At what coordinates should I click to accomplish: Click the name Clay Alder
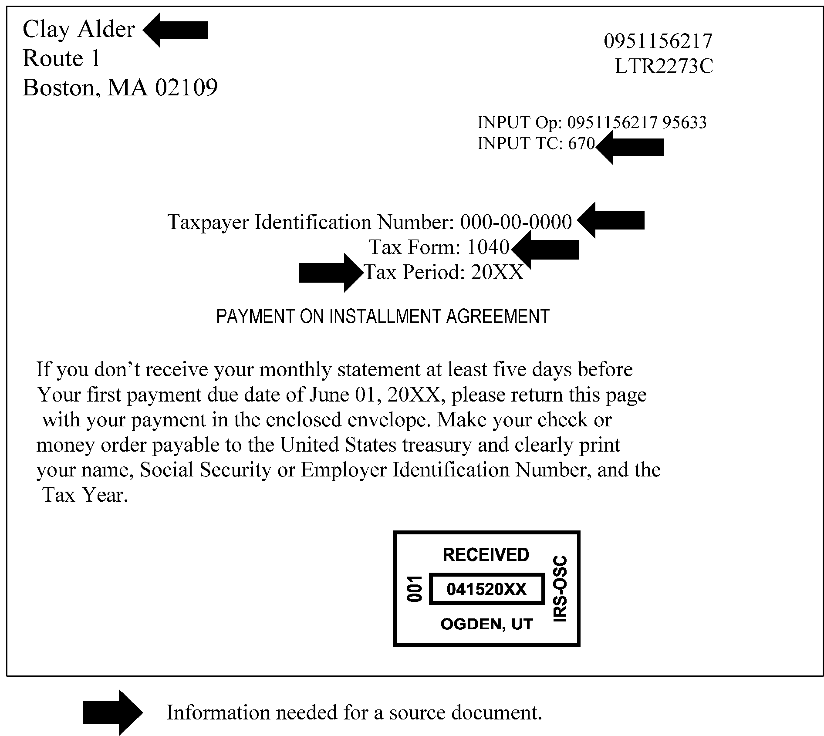coord(78,30)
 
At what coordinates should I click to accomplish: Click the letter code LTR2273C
coord(664,67)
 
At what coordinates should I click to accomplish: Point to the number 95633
coord(684,122)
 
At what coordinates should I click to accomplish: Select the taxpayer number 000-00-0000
coord(516,222)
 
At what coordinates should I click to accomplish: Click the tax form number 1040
coord(488,247)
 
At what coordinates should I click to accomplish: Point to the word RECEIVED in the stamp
coord(486,555)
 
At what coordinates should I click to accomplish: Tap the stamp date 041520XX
coord(486,589)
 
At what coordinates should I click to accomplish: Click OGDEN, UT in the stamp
coord(486,624)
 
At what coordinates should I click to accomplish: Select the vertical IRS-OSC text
coord(560,588)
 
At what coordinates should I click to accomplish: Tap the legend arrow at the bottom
coord(113,712)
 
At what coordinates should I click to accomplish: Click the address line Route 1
coord(61,58)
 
